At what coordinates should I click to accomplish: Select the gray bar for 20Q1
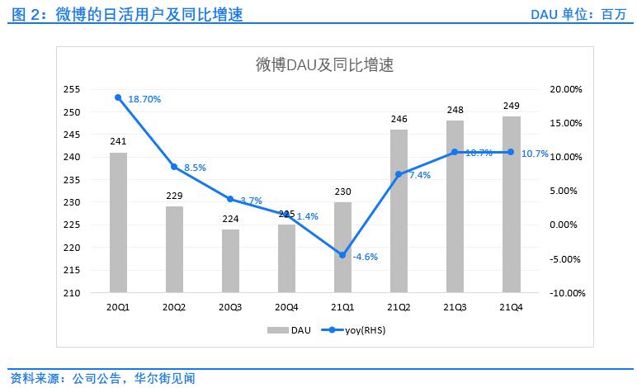118,223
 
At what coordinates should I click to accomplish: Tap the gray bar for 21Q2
399,211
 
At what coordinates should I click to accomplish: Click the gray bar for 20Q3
230,261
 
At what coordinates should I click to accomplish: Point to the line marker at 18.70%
118,97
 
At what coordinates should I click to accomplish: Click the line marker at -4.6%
342,255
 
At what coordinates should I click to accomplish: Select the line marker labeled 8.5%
174,167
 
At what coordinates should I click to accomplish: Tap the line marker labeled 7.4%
399,174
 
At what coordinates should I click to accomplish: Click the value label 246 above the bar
399,119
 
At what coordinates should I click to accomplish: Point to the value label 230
342,192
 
